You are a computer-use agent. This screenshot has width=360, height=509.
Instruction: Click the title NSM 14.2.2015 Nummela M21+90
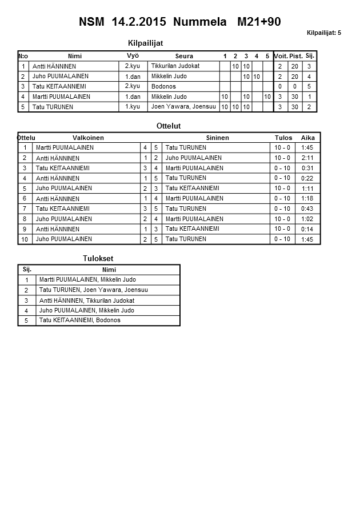[179, 22]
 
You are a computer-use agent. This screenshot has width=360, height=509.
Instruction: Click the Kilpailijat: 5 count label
[323, 33]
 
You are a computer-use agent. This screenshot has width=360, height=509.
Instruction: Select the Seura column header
[184, 56]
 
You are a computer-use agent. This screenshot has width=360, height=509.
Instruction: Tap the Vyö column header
[133, 55]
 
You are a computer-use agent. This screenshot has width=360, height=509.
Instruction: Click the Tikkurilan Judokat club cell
[175, 66]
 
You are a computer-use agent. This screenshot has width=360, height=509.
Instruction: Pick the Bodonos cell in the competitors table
[163, 86]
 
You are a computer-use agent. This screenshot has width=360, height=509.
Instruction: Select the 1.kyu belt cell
[133, 107]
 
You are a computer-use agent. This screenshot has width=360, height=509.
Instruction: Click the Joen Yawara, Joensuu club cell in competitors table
[183, 107]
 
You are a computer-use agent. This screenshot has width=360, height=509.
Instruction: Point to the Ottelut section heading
[169, 126]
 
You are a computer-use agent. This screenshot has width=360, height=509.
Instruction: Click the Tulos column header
[283, 138]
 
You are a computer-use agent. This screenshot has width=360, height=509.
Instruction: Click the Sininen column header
[217, 138]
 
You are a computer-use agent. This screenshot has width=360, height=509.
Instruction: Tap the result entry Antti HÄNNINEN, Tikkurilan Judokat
[86, 300]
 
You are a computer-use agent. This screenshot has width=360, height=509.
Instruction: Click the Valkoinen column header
[88, 138]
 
